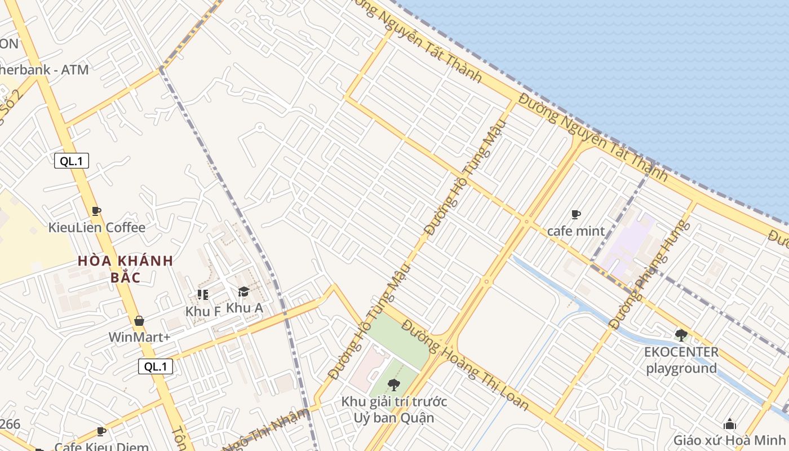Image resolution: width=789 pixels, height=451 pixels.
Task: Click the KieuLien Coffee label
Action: pos(96,228)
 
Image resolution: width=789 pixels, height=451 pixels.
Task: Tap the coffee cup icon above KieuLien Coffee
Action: pos(96,211)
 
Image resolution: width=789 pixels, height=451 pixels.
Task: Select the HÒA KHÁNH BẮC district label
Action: pos(125,269)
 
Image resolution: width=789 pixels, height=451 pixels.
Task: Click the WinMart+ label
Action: pos(139,337)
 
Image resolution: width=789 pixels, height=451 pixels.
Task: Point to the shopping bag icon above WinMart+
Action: pos(139,321)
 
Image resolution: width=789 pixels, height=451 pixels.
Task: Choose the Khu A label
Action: pos(245,308)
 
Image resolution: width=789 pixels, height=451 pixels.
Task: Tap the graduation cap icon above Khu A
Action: pos(243,291)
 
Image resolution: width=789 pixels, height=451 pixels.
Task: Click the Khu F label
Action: pos(203,311)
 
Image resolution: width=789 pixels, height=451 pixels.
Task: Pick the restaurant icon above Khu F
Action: pos(203,294)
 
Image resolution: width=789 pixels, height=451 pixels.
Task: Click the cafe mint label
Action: pos(576,231)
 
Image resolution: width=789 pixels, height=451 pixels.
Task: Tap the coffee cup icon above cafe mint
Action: pos(576,214)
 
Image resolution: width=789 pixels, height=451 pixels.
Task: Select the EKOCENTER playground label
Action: pos(681,360)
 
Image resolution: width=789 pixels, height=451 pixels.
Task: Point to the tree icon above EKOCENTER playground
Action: pos(681,335)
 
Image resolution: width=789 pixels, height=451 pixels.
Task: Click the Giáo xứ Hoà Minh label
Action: pos(729,440)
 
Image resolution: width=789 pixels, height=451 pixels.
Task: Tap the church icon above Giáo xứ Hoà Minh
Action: pos(730,424)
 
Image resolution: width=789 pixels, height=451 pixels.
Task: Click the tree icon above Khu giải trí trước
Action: pos(394,385)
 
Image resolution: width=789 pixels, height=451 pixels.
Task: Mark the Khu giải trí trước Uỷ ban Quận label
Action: pos(394,410)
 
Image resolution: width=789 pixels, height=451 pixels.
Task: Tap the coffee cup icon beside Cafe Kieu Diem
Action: pos(101,431)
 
